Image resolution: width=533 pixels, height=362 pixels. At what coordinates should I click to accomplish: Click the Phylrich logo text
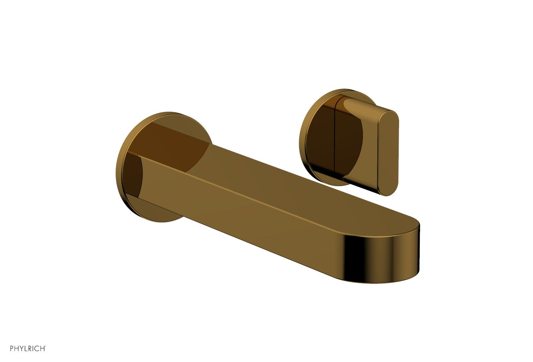pyautogui.click(x=28, y=349)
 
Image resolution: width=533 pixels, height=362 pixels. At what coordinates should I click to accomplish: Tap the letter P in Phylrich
pyautogui.click(x=12, y=349)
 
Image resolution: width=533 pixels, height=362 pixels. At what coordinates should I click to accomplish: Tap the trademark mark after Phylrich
pyautogui.click(x=45, y=347)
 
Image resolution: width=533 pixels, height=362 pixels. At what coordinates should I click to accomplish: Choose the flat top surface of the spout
pyautogui.click(x=290, y=181)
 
